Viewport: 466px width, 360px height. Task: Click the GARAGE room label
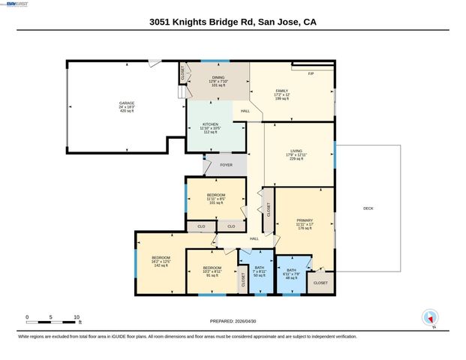(x=126, y=103)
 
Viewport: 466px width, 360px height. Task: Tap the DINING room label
(x=218, y=77)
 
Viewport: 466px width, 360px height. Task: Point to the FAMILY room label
(x=281, y=91)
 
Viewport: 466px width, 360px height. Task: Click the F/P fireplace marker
(x=311, y=73)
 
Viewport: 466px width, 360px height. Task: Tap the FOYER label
(x=226, y=165)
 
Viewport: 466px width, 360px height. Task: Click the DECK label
(x=368, y=208)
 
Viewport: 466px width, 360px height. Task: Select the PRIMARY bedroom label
(x=304, y=220)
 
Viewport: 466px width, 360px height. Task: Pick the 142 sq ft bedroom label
(x=161, y=257)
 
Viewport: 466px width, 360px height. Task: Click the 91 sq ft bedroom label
(x=212, y=268)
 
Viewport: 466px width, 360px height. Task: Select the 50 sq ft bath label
(x=260, y=268)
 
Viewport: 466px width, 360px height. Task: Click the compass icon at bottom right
(x=430, y=317)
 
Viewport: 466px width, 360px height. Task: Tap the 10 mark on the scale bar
(x=77, y=317)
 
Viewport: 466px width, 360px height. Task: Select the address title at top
(x=233, y=22)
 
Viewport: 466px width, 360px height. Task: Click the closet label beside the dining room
(x=182, y=73)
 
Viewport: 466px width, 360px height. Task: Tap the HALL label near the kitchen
(x=245, y=111)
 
